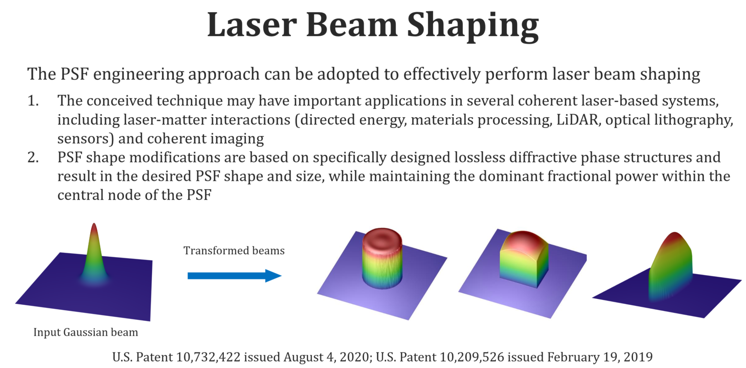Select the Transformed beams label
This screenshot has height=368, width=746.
(234, 251)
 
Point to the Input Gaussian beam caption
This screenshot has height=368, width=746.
(85, 333)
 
